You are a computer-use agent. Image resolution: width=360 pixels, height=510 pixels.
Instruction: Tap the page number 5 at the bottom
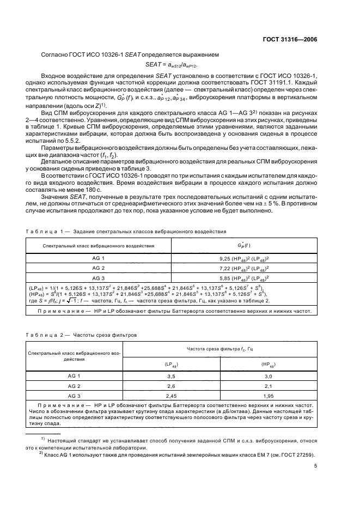(x=315, y=465)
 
